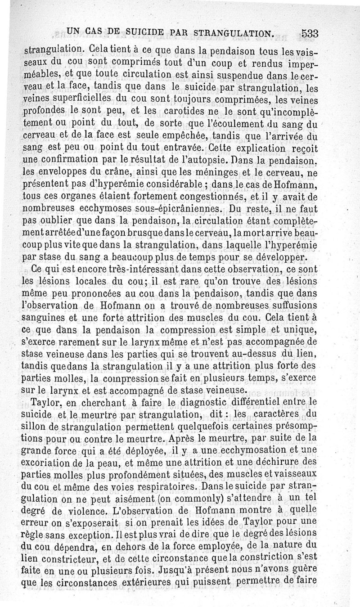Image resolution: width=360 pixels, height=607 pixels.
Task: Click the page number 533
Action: [310, 33]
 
